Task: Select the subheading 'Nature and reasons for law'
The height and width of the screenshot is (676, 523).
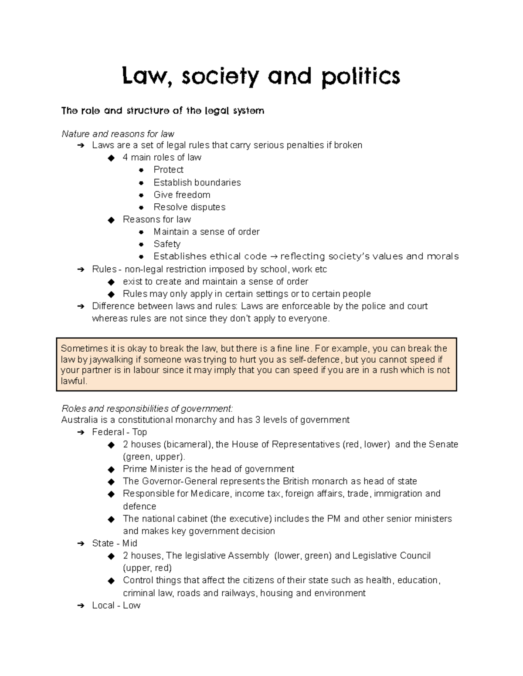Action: pos(118,134)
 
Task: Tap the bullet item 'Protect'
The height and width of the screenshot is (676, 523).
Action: pos(168,170)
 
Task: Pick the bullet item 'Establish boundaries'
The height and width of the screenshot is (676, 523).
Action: pos(197,182)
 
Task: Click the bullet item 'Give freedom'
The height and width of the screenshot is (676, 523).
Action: pos(182,195)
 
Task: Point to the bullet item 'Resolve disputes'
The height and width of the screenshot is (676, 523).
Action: pos(189,207)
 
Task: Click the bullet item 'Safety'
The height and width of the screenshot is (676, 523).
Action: pos(167,244)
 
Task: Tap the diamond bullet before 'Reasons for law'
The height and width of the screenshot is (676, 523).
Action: pos(111,220)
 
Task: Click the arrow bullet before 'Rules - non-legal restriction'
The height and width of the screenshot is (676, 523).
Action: pos(80,269)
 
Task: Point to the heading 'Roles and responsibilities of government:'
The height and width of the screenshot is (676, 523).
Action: pos(147,408)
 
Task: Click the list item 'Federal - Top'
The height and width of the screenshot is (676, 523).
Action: pos(119,432)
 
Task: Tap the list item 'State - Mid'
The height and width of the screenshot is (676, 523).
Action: pos(115,543)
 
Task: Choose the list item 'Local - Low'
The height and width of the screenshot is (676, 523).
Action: pos(116,605)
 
